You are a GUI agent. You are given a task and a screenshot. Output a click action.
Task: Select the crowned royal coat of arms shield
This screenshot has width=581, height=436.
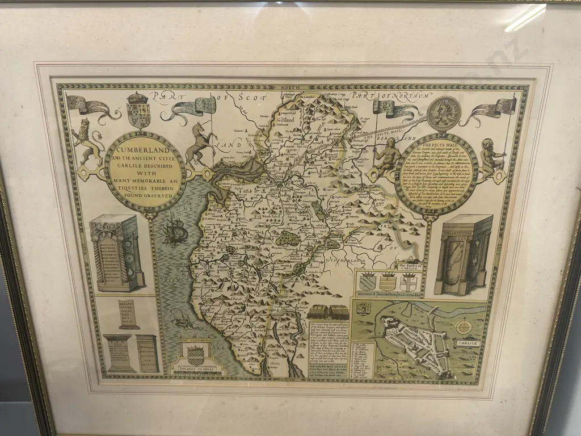pos(137,110)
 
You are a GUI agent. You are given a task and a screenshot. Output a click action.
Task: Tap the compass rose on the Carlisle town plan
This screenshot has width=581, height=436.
pos(464,326)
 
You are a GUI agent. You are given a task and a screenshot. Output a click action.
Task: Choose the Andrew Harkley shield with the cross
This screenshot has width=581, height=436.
pos(409,281)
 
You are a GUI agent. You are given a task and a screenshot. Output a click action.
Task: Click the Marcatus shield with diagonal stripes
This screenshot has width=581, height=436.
pos(367,280)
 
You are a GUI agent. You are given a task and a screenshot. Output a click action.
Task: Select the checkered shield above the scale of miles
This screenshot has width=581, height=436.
pos(195,354)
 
